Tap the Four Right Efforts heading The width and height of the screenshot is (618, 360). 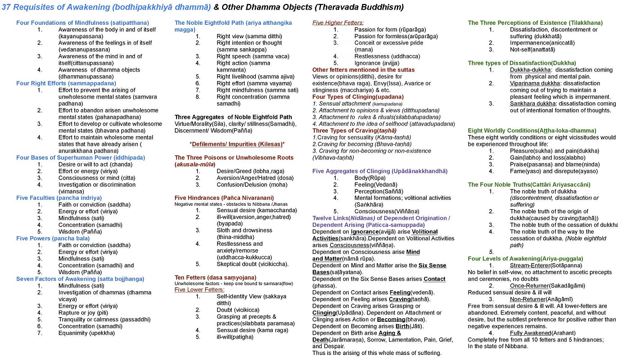(66, 83)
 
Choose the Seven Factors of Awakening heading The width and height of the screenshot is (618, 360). (80, 279)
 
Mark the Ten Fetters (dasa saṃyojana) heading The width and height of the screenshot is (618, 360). (215, 277)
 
